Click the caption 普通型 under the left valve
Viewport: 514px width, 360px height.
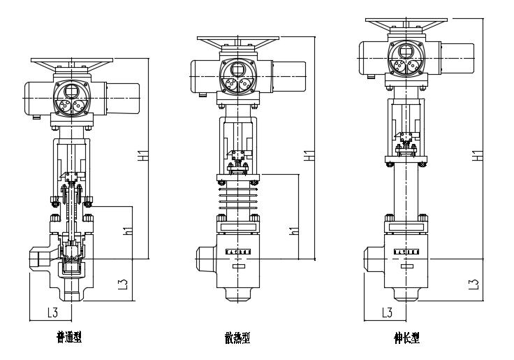pyautogui.click(x=69, y=338)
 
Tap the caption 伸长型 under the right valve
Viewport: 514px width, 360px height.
pyautogui.click(x=406, y=338)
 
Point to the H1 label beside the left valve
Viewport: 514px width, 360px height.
pyautogui.click(x=142, y=157)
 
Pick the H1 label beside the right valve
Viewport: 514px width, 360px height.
pyautogui.click(x=477, y=155)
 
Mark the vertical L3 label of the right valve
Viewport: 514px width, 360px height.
pyautogui.click(x=473, y=282)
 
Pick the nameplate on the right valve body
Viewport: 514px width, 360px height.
pyautogui.click(x=406, y=250)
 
